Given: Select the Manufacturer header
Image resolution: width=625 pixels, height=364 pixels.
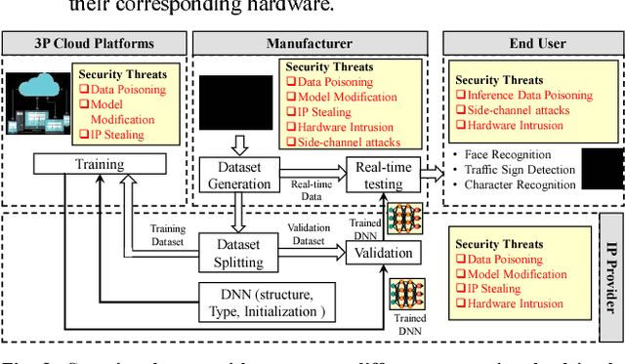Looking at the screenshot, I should click(x=311, y=43).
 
